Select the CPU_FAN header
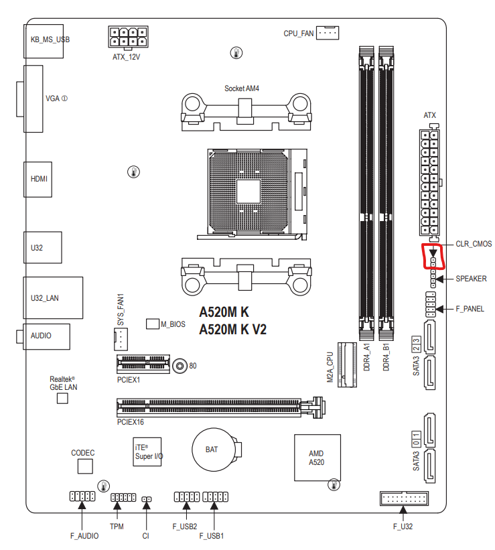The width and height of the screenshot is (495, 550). tap(328, 32)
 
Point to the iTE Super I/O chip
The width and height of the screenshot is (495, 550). tap(147, 452)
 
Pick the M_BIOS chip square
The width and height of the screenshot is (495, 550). tap(152, 324)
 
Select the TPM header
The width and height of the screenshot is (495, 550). tap(123, 498)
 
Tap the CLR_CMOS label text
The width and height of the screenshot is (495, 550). tap(473, 244)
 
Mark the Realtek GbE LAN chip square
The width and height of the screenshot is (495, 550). tap(62, 399)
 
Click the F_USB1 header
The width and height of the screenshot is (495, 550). tap(214, 497)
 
